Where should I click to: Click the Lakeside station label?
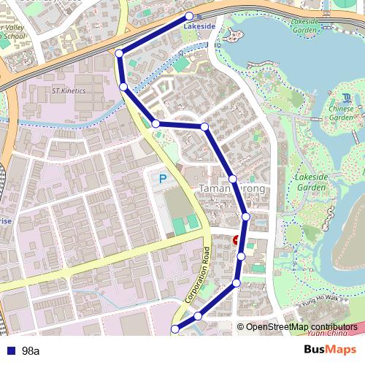coord(199,26)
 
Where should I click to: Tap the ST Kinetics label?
coord(68,91)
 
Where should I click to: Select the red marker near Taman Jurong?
coord(236,240)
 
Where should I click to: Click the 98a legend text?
coord(31,351)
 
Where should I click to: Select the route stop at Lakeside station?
coord(190,16)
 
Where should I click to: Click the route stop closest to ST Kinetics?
coord(123,87)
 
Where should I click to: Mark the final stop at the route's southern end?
coord(174,330)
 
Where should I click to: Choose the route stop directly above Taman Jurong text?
coord(232,179)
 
